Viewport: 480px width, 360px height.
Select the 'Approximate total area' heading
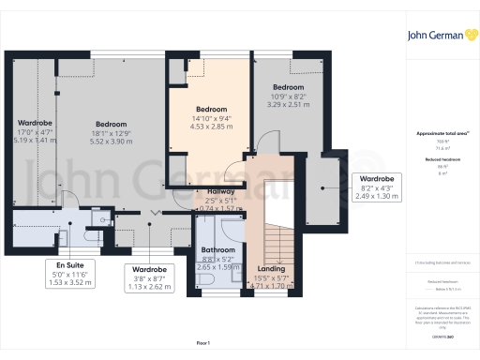[x=441, y=133]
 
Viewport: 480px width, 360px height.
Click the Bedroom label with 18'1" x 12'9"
[x=111, y=125]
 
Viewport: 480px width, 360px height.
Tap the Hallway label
[x=220, y=191]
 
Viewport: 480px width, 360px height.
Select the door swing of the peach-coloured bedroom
[x=234, y=172]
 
